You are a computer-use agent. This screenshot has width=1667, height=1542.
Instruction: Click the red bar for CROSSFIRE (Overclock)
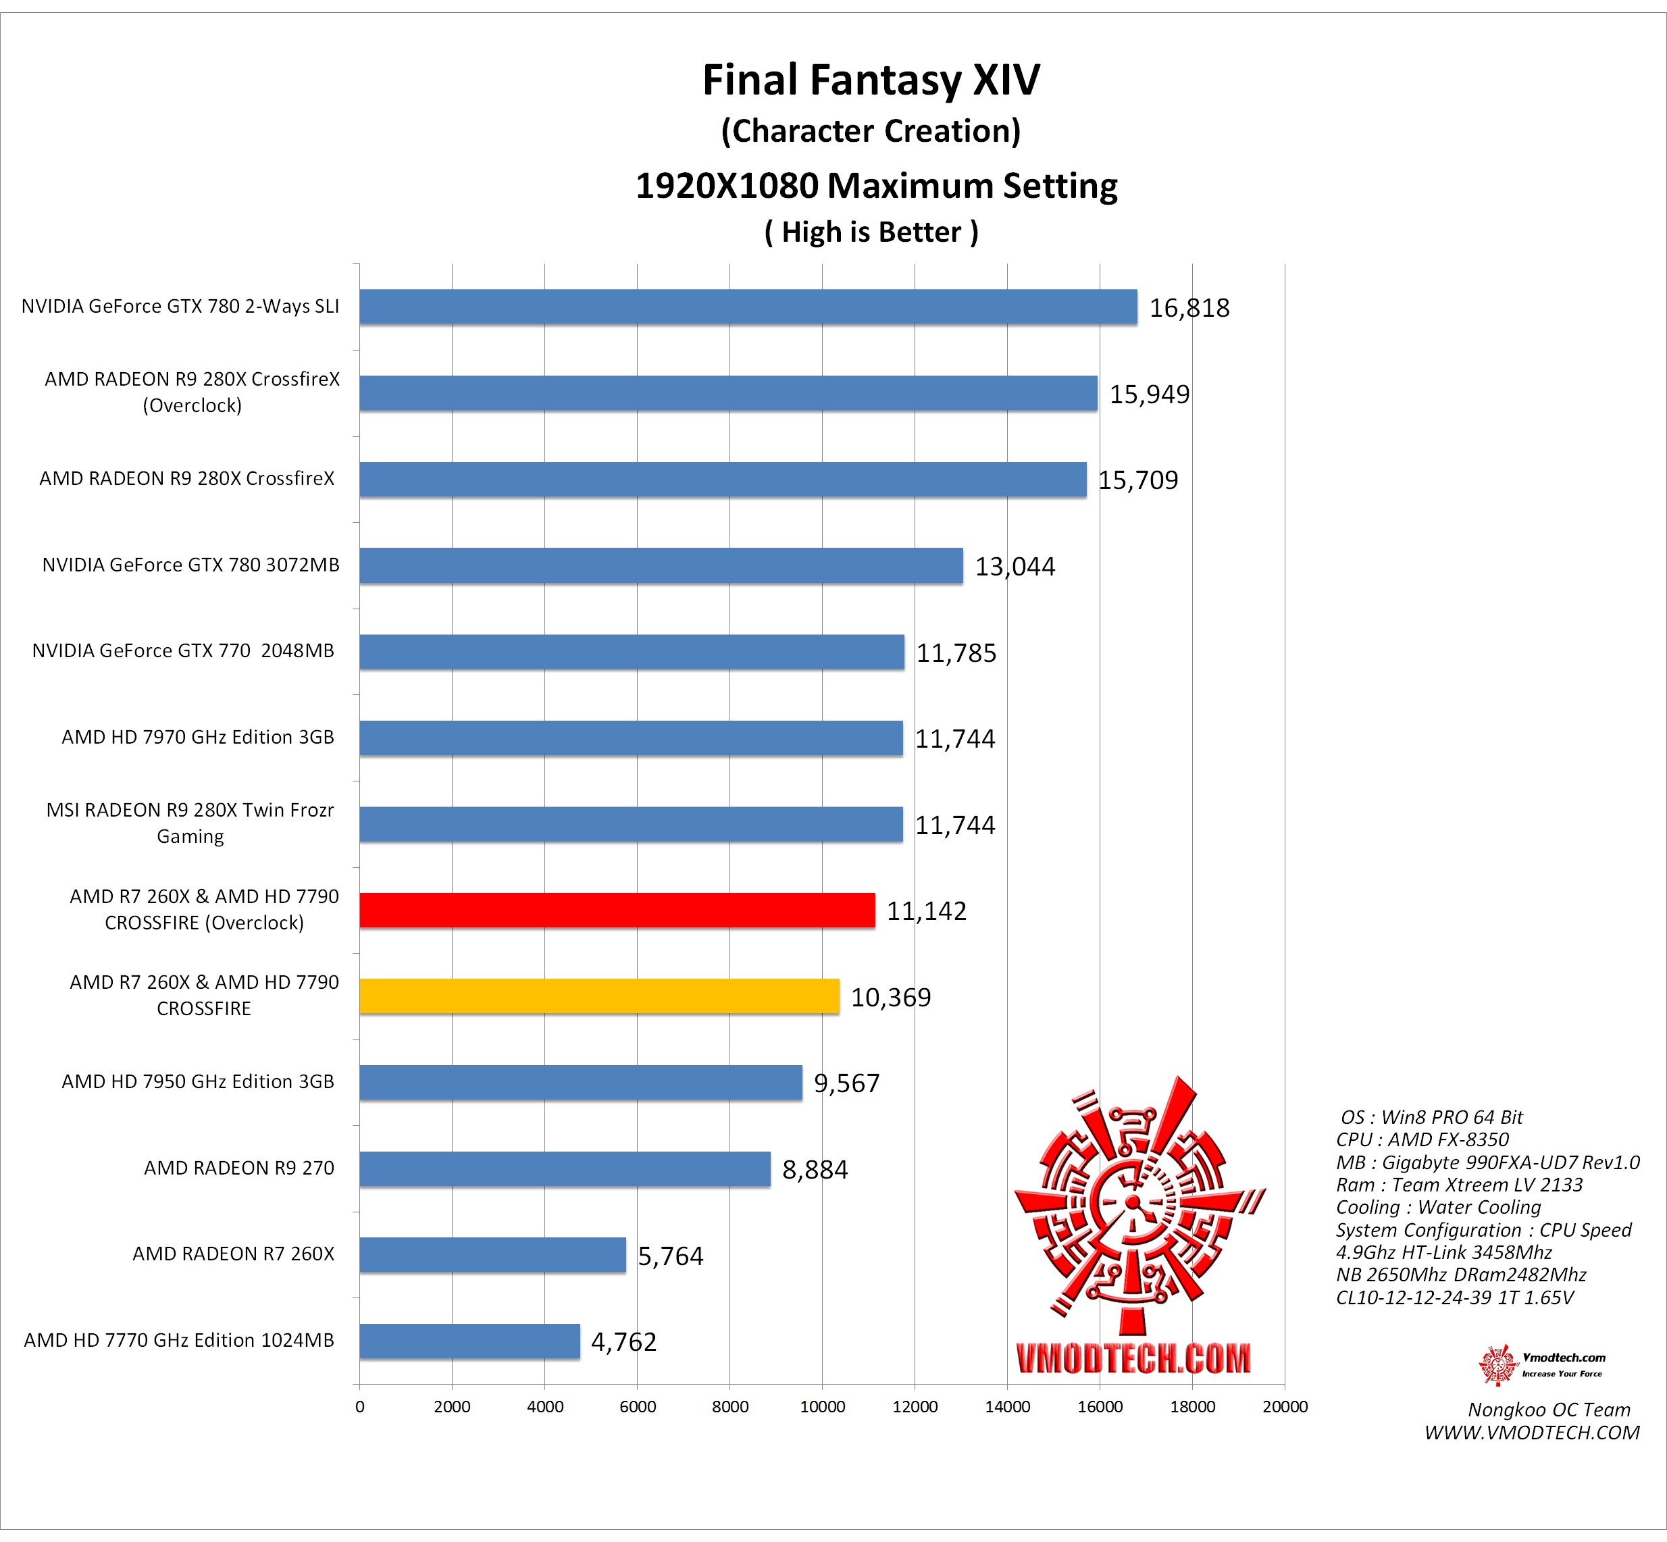coord(617,910)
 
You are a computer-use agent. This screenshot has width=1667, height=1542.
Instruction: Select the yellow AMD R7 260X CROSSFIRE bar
coord(599,996)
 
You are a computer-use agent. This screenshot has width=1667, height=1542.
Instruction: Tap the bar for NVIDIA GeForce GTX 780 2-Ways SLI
coord(748,307)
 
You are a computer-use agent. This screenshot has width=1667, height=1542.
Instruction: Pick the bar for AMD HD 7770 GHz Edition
coord(469,1341)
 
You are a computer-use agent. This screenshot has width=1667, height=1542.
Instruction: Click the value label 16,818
coord(1189,308)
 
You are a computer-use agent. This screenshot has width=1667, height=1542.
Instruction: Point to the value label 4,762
coord(623,1342)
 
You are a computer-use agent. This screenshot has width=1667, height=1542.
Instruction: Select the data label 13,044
coord(1015,567)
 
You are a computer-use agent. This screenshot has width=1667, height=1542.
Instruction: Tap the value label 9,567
coord(846,1083)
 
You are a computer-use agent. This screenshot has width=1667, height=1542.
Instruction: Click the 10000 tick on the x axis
coord(822,1407)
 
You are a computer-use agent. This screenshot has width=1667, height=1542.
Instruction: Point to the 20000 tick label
coord(1284,1407)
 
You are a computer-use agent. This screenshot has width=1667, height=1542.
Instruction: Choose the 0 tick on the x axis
coord(359,1407)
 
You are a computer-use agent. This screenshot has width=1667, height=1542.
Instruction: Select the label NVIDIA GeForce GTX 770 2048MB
coord(183,651)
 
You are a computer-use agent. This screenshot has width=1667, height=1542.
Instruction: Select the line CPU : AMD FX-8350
coord(1422,1140)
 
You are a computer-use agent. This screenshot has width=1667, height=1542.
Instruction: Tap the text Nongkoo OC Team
coord(1549,1410)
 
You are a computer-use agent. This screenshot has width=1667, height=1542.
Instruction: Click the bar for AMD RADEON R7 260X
coord(492,1255)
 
